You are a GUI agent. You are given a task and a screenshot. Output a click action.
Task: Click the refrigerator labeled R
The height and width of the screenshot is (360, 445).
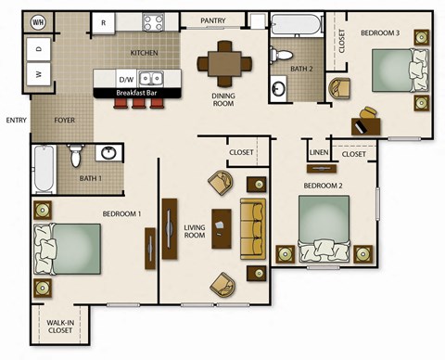[103, 22]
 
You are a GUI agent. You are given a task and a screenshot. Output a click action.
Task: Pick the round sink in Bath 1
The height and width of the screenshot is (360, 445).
[109, 153]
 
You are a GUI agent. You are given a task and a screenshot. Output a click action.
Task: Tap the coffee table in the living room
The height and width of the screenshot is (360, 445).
[221, 228]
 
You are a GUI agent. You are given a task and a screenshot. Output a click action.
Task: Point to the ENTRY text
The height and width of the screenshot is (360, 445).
[16, 120]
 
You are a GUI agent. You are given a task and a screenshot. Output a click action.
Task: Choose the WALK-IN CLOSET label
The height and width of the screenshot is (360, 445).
[60, 327]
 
